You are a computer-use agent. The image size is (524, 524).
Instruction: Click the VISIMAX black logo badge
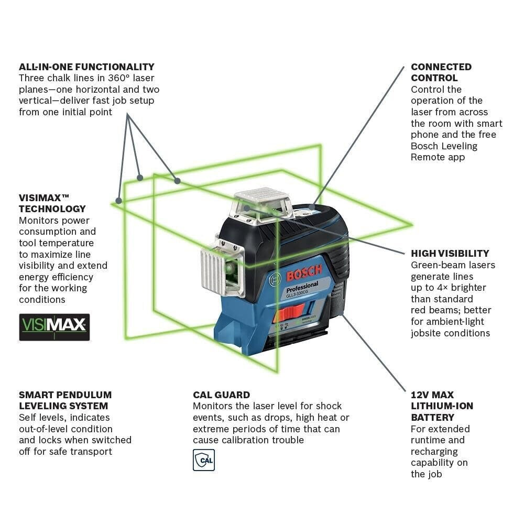(x=54, y=327)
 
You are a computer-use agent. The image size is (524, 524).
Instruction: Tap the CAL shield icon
(x=204, y=460)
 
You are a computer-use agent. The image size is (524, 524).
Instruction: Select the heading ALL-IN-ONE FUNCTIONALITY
(x=86, y=67)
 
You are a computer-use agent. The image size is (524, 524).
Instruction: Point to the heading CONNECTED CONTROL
(x=441, y=72)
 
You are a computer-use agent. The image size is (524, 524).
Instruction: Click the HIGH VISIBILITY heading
(x=450, y=253)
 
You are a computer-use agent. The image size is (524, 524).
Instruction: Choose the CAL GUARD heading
(x=221, y=395)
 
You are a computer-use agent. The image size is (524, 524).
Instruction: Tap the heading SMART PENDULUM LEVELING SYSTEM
(x=65, y=400)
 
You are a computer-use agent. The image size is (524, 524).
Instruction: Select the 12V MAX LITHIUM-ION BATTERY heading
(x=442, y=406)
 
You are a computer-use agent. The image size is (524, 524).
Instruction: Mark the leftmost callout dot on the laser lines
(x=119, y=200)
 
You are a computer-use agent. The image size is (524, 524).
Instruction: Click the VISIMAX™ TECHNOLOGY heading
(x=52, y=203)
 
